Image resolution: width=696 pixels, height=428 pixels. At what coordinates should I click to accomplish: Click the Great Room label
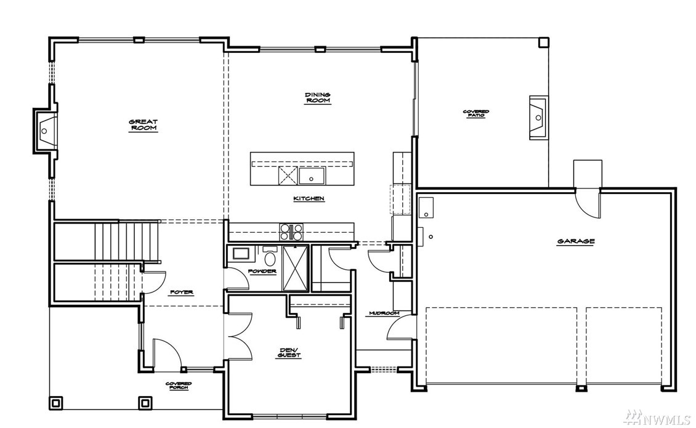(143, 125)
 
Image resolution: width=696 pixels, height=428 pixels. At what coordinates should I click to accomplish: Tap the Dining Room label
(317, 98)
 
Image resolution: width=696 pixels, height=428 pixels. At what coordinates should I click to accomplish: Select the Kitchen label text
(309, 198)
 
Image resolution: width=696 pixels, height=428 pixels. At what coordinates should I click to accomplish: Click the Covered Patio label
(476, 114)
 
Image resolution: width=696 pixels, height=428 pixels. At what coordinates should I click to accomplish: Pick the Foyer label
(182, 292)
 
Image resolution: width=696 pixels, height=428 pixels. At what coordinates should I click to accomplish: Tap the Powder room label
(262, 272)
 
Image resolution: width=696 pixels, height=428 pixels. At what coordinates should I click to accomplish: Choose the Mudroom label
(384, 313)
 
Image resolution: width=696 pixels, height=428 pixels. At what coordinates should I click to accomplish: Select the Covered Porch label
(179, 386)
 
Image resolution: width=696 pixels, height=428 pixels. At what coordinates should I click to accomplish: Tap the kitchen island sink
(312, 176)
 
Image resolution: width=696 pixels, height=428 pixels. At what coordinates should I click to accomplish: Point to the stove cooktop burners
(291, 232)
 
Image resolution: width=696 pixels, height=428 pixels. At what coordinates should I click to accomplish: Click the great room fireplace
(45, 131)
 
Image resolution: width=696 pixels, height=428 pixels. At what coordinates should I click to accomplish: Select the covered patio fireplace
(538, 118)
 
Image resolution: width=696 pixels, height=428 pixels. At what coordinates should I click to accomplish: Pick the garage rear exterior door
(587, 203)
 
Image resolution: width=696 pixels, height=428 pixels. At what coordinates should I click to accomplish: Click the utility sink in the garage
(426, 208)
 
